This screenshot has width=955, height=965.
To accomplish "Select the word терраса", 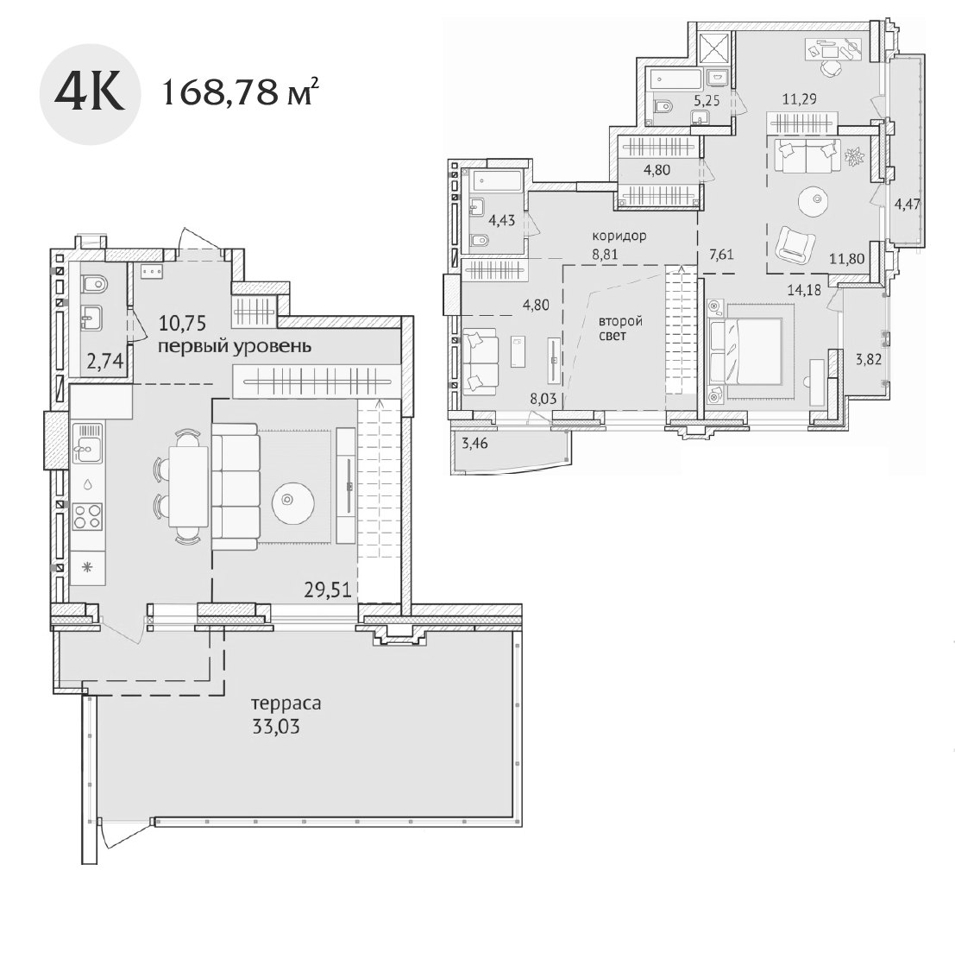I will (286, 703).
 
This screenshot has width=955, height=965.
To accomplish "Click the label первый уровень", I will (234, 347).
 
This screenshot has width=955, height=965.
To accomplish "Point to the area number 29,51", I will (326, 590).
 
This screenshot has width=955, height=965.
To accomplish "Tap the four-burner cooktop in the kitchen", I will (87, 516).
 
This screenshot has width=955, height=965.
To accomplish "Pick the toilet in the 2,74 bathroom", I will (93, 282).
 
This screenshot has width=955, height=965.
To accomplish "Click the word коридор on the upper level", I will (619, 236).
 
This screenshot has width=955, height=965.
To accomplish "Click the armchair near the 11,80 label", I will (795, 244).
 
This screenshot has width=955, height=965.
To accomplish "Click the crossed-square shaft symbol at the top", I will (715, 44).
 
